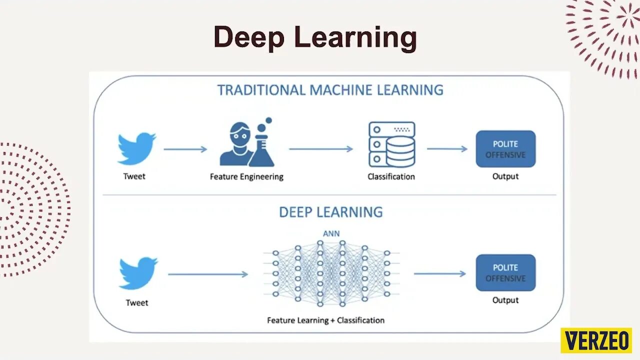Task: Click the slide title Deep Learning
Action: click(x=315, y=37)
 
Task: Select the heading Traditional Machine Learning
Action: click(x=330, y=90)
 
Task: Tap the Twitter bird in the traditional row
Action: click(x=136, y=148)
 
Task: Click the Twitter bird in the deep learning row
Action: click(x=138, y=273)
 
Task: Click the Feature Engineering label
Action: click(x=246, y=176)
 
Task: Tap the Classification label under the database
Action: click(x=391, y=176)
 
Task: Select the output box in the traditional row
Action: click(x=505, y=149)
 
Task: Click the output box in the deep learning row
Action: click(x=505, y=272)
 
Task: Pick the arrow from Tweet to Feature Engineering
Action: click(x=185, y=149)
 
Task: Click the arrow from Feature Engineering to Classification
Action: click(x=321, y=149)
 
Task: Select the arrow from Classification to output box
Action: click(x=447, y=149)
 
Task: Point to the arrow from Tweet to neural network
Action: click(x=208, y=274)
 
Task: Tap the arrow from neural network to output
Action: click(x=439, y=273)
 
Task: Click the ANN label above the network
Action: click(x=331, y=233)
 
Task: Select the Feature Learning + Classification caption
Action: click(x=325, y=320)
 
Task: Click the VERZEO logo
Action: click(x=596, y=340)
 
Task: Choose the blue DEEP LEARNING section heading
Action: click(x=330, y=212)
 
